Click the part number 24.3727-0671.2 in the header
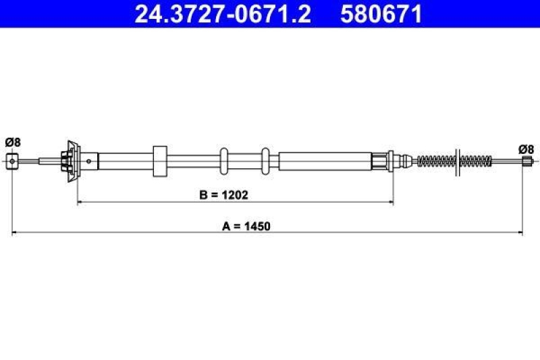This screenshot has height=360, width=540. point(223,14)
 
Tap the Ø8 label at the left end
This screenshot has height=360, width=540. point(13,142)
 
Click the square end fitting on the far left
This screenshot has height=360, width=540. point(13,161)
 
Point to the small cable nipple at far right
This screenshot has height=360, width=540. point(526,161)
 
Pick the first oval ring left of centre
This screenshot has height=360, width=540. point(225,161)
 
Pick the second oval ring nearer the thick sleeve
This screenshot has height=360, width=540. point(266,161)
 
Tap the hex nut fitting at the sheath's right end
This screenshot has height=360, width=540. point(383,161)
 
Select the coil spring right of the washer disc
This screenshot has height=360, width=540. point(475,161)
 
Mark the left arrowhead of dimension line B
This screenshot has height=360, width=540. point(82,201)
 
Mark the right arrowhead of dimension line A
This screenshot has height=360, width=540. point(519,233)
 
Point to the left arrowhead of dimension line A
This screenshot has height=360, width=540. point(17,233)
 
